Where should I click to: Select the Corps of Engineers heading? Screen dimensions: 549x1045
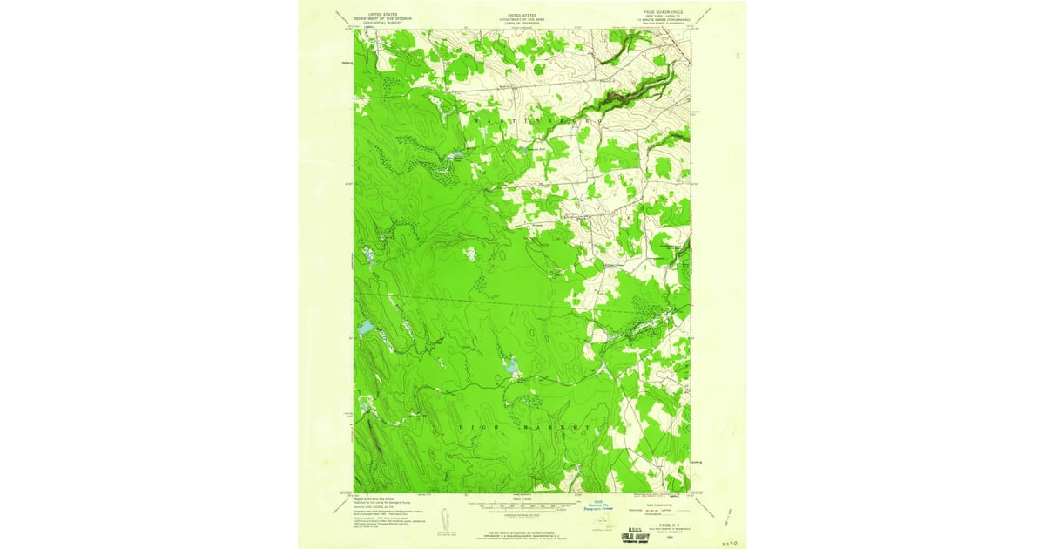coord(522,23)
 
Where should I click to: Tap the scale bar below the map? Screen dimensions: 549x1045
coord(522,505)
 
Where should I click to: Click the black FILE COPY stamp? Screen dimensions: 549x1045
coord(638,537)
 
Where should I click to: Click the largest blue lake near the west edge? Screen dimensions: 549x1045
coord(366,329)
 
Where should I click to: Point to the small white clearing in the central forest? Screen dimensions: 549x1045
coord(470,254)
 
